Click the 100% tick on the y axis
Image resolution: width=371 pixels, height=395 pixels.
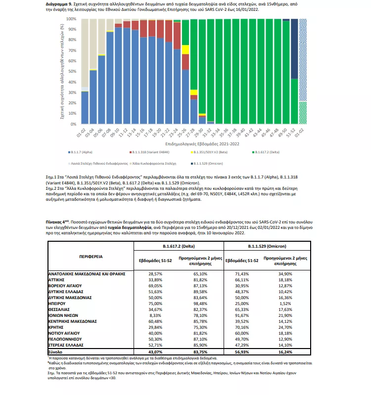(71, 19)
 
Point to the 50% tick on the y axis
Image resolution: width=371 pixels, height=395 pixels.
(72, 71)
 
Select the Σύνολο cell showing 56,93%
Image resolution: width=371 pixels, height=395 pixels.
(241, 350)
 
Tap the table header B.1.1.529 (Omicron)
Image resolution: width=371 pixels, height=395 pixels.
(263, 245)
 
